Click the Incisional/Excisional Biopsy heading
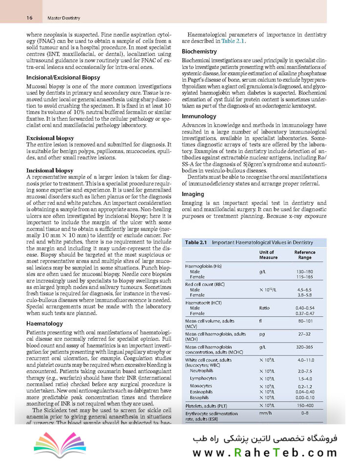(63, 77)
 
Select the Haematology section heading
(44, 323)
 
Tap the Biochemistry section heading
(199, 51)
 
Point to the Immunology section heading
(199, 116)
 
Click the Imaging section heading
(193, 193)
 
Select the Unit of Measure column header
(268, 255)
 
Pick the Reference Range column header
(305, 255)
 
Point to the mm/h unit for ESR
(265, 413)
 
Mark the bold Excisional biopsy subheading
(50, 138)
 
